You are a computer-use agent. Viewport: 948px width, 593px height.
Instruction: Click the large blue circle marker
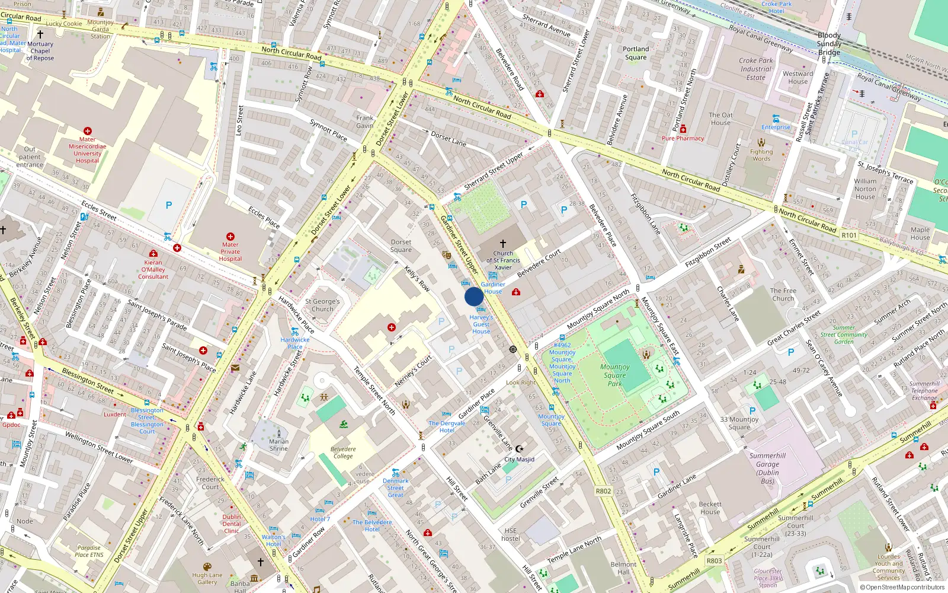click(x=474, y=296)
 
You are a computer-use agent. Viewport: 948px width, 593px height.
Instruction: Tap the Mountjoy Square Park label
click(x=615, y=375)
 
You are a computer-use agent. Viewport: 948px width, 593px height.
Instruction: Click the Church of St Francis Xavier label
click(x=503, y=260)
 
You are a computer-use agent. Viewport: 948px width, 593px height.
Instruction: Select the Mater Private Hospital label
click(x=230, y=251)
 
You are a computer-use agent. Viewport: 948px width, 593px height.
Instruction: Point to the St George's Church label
click(x=322, y=305)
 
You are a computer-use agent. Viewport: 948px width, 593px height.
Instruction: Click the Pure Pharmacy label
click(x=683, y=138)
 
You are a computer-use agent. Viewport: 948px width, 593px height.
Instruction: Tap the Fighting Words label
click(x=761, y=155)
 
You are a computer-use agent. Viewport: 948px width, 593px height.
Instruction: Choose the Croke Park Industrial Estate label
click(x=755, y=69)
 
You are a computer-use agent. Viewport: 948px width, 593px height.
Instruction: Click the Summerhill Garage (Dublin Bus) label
click(x=767, y=468)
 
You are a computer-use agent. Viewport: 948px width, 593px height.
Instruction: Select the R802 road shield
click(x=603, y=491)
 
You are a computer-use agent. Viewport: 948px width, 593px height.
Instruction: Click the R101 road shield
click(x=849, y=235)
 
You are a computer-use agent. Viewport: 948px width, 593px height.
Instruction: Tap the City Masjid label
click(x=519, y=459)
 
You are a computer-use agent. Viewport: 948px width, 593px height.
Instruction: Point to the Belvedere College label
click(x=343, y=452)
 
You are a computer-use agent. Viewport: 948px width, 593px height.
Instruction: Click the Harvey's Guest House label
click(x=481, y=324)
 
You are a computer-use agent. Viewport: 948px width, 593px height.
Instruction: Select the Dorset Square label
click(x=401, y=246)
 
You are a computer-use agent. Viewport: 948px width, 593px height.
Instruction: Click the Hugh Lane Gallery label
click(x=207, y=578)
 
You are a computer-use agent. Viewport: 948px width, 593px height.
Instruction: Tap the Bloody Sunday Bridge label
click(x=829, y=44)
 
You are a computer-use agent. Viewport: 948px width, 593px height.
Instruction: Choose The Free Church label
click(x=783, y=294)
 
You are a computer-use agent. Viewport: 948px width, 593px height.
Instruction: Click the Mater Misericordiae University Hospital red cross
click(x=88, y=131)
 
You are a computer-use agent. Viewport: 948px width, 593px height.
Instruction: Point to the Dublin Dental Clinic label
click(x=232, y=524)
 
